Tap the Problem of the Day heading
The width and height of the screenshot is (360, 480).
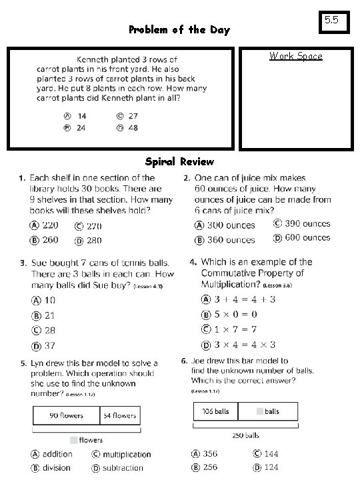pyautogui.click(x=179, y=29)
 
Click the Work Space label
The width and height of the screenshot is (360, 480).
pyautogui.click(x=295, y=56)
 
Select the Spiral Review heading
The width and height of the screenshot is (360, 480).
pyautogui.click(x=179, y=161)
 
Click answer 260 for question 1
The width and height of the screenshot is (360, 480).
pyautogui.click(x=50, y=240)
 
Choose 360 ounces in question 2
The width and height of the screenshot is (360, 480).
pyautogui.click(x=231, y=240)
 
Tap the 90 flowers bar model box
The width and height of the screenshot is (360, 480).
pyautogui.click(x=66, y=415)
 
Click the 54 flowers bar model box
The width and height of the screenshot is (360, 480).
pyautogui.click(x=120, y=415)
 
